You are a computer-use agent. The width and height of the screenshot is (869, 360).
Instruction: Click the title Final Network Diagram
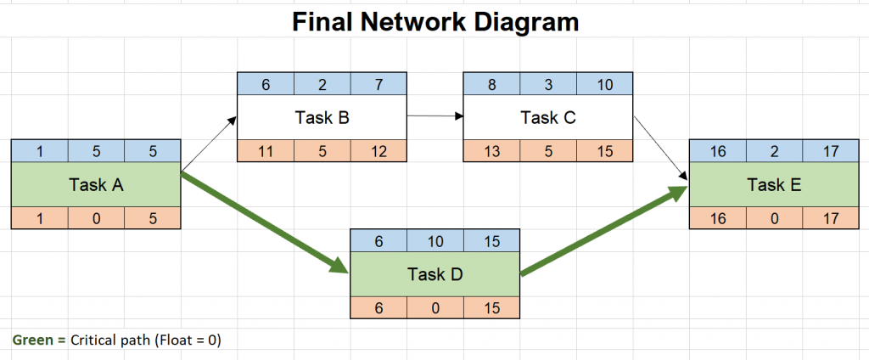pyautogui.click(x=435, y=20)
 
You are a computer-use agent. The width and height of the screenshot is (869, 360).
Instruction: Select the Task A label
pyautogui.click(x=95, y=184)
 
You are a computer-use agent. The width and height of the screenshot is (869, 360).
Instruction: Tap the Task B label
pyautogui.click(x=322, y=118)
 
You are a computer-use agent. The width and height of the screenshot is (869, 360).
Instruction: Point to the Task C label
pyautogui.click(x=547, y=118)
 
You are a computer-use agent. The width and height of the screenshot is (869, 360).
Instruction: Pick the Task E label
pyautogui.click(x=774, y=184)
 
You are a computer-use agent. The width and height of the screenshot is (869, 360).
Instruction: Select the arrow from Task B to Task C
pyautogui.click(x=434, y=115)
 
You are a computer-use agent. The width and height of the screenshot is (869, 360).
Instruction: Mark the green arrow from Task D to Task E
pyautogui.click(x=604, y=231)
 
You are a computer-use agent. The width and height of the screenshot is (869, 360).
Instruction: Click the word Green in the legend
pyautogui.click(x=28, y=340)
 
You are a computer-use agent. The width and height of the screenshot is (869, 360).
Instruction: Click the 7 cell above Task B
pyautogui.click(x=378, y=84)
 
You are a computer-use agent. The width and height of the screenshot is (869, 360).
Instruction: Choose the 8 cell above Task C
pyautogui.click(x=491, y=84)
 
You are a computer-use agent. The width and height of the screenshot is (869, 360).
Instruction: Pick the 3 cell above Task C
pyautogui.click(x=547, y=84)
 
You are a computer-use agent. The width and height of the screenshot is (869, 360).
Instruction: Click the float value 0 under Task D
pyautogui.click(x=434, y=306)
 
